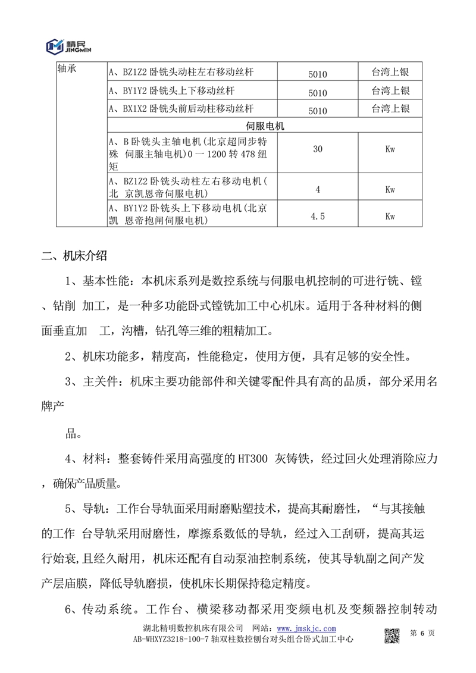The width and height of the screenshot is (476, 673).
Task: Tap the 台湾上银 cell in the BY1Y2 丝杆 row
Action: (x=390, y=91)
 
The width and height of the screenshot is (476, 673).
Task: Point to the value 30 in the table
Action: (x=318, y=149)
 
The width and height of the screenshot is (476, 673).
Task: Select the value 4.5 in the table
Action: (x=318, y=216)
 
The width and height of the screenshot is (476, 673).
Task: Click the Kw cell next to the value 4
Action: (x=390, y=189)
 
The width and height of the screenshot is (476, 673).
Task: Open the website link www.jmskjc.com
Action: (x=306, y=628)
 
